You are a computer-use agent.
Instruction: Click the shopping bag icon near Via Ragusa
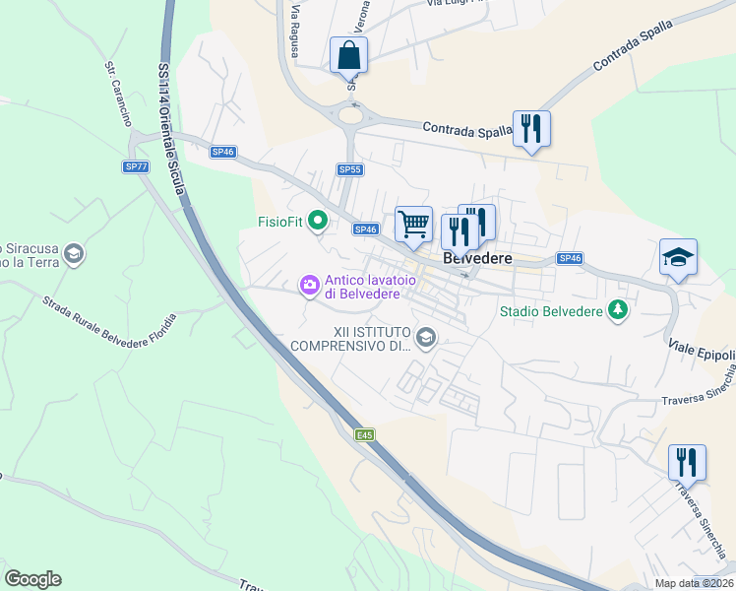(348, 55)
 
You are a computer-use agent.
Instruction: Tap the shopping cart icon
(414, 224)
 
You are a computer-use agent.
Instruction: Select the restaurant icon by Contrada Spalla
(531, 128)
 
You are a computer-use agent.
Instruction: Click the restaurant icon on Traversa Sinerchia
(687, 462)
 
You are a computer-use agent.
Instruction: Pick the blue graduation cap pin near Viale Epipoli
(678, 257)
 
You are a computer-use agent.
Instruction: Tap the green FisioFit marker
(317, 221)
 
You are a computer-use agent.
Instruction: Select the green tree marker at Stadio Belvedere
(618, 311)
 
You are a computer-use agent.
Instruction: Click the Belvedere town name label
(479, 258)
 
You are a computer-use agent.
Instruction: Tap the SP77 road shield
(137, 166)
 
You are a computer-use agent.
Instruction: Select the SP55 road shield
(350, 169)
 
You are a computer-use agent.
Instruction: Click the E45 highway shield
(365, 434)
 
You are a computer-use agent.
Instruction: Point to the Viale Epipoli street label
(703, 353)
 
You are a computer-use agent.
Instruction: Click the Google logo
(32, 579)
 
